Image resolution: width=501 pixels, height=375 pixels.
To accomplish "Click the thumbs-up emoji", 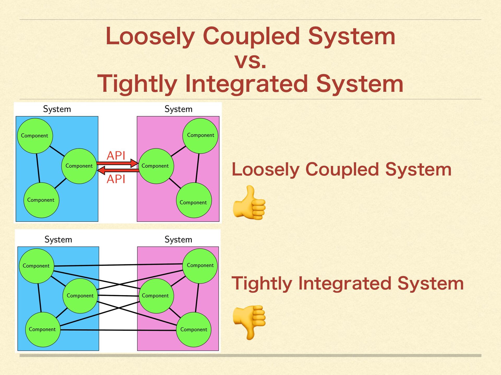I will point(249,203).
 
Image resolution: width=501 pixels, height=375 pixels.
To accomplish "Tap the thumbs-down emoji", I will point(249,322).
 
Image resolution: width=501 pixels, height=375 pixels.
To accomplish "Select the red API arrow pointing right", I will point(117,163).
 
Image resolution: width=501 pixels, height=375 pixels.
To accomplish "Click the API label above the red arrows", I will point(116,155).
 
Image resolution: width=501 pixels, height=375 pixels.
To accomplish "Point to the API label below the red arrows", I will point(116,179).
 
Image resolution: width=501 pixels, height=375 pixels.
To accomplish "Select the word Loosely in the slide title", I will point(150,36).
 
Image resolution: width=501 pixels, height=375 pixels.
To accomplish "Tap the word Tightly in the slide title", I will point(137,84).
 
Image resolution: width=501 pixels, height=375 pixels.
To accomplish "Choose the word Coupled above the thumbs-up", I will point(342,169).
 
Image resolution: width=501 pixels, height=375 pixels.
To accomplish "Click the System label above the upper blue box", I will point(57,109).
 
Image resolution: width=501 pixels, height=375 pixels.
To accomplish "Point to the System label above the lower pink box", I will point(178,239).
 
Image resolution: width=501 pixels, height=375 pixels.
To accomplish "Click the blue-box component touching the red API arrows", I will point(79,166).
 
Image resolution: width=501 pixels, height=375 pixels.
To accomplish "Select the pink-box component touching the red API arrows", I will point(156,166).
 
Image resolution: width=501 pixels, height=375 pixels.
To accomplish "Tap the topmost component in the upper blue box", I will point(35,136).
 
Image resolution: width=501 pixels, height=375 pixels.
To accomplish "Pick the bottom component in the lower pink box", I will point(194,329).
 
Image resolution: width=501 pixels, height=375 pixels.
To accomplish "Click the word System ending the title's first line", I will point(351,36).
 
